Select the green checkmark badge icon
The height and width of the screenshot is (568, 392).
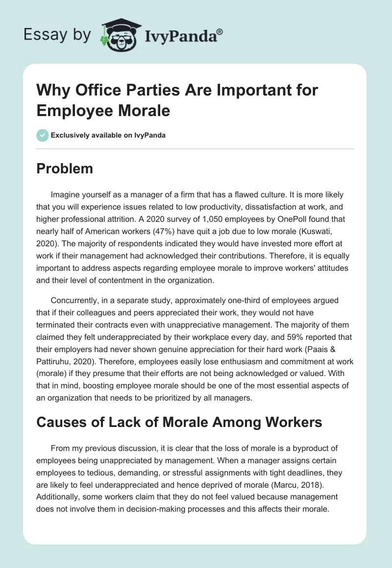[x=42, y=135]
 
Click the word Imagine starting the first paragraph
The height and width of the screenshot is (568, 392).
[x=65, y=194]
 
